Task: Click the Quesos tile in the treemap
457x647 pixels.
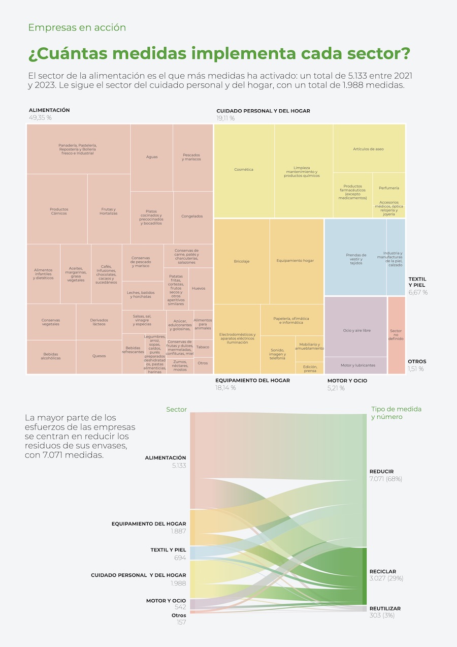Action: click(99, 356)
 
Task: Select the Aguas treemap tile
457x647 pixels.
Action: click(152, 157)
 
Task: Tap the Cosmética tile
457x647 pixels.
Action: click(244, 169)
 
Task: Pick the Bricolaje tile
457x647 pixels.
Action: click(242, 261)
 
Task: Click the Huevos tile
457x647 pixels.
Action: click(199, 288)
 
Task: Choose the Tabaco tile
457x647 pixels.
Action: click(203, 347)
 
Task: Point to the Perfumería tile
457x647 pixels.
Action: click(389, 188)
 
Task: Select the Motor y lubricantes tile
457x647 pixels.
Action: click(358, 365)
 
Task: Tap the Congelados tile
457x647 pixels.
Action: click(192, 216)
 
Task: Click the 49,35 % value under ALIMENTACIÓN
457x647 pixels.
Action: click(41, 118)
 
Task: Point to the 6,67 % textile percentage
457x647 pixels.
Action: click(418, 292)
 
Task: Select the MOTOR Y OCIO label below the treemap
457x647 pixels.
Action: click(347, 380)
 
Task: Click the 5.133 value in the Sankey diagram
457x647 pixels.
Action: click(179, 465)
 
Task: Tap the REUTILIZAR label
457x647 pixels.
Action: click(385, 608)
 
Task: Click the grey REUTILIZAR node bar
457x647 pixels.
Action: click(366, 608)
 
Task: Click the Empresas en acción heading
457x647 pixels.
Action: click(77, 27)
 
